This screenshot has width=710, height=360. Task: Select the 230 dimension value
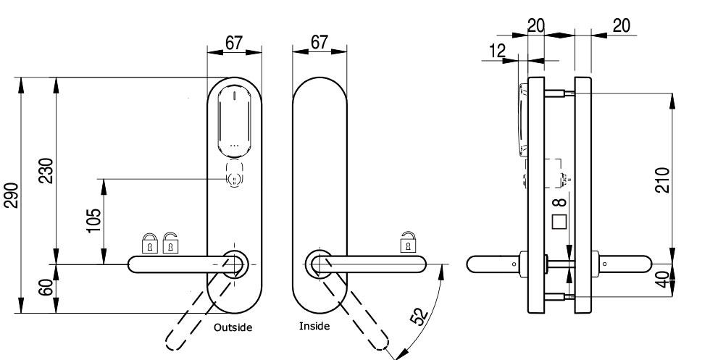coord(46,172)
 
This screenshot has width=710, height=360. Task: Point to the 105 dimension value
coord(93,219)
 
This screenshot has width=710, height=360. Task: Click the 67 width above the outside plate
coord(233,43)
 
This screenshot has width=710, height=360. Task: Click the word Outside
coord(233,327)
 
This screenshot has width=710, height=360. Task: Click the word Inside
coord(314,326)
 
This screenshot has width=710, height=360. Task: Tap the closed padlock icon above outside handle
coord(149,243)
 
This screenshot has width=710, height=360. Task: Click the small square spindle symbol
coord(559,222)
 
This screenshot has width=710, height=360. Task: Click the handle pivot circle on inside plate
coord(319,263)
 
